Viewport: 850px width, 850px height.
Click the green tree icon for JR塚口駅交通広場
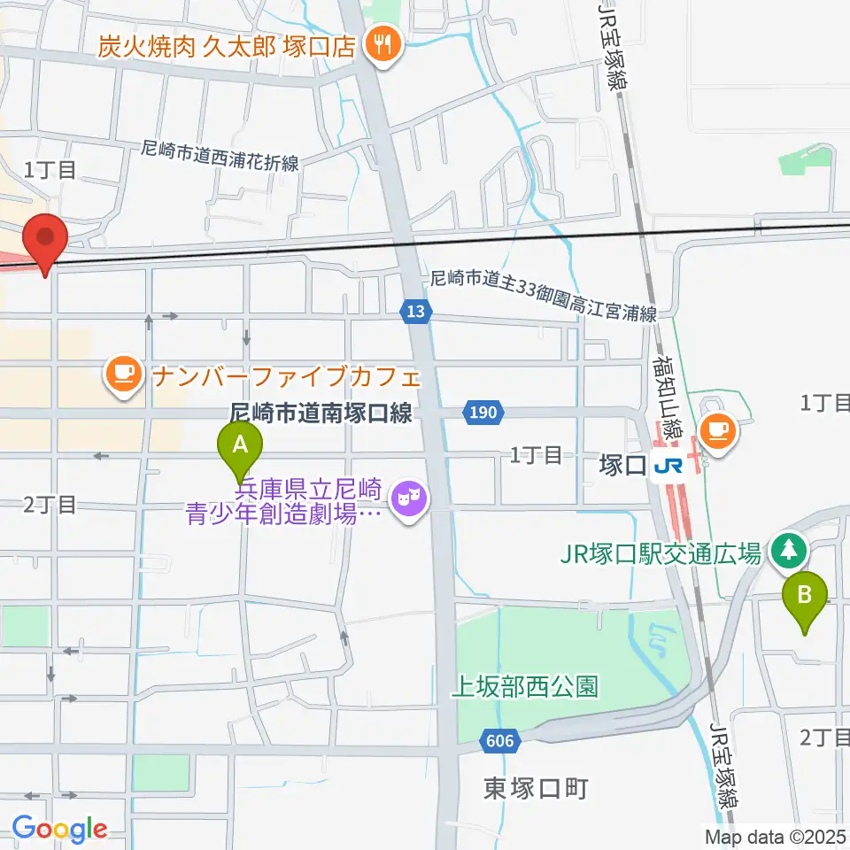786,551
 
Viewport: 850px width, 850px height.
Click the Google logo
59,830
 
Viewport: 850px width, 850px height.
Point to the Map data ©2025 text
776,835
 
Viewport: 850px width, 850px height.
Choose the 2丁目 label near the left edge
50,506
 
